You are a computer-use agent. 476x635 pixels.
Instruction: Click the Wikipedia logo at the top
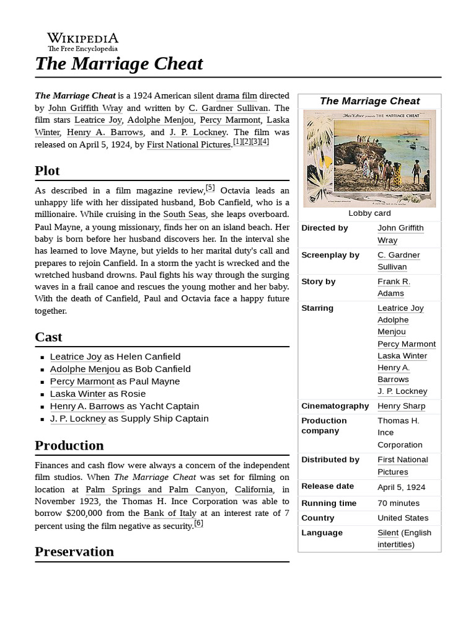82,42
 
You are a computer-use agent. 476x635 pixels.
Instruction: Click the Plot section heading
47,171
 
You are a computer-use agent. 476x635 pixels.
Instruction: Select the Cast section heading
48,337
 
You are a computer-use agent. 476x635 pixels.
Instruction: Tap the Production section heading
69,445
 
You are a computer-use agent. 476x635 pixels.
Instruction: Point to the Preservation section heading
74,551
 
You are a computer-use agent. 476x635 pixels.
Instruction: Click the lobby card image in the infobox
369,158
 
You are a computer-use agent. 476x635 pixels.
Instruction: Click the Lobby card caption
369,213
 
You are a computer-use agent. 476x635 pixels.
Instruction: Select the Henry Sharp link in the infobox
401,406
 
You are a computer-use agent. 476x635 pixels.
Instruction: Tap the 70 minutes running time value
399,503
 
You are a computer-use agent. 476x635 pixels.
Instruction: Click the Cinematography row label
335,406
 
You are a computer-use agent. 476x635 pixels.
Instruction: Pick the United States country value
403,518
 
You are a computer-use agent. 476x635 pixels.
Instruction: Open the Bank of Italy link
170,513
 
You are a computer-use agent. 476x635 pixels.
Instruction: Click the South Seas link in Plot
184,214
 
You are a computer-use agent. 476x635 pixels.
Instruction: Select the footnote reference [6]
198,523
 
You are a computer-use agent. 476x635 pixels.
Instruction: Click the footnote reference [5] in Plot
210,187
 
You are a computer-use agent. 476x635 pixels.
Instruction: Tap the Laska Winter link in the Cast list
78,394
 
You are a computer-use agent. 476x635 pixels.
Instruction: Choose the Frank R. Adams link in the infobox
394,287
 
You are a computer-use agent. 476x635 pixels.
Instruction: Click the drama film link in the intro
236,95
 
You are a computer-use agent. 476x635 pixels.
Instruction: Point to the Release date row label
327,486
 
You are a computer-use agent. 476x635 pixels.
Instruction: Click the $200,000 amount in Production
87,513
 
